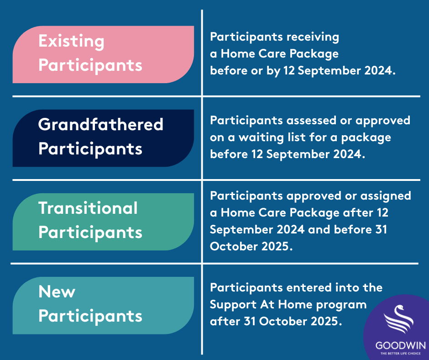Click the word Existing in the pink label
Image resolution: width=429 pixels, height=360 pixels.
click(x=71, y=42)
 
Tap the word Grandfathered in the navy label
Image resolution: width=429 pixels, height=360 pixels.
click(x=101, y=124)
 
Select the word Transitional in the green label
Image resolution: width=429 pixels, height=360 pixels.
click(x=88, y=208)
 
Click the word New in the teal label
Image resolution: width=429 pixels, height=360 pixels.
click(x=57, y=291)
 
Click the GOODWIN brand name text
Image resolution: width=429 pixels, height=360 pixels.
click(x=401, y=345)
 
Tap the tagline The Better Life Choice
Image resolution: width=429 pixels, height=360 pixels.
click(x=401, y=354)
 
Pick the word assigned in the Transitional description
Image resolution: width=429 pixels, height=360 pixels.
click(x=386, y=196)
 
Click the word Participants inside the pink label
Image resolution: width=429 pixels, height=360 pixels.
click(x=90, y=66)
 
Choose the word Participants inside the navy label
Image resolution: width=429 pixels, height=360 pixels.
click(x=90, y=149)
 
